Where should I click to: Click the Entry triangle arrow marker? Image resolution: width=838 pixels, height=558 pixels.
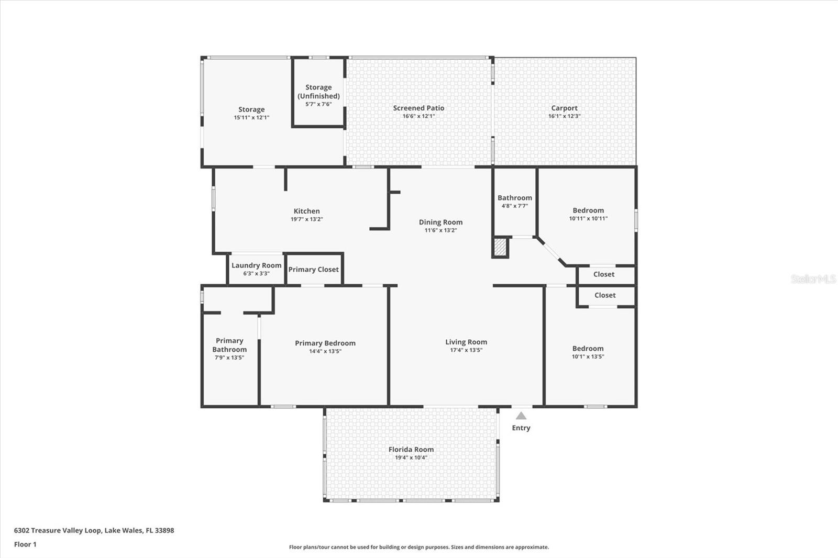(521, 416)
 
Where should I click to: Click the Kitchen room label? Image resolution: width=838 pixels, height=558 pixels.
(306, 211)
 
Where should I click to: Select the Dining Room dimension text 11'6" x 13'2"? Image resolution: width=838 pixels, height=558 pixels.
(440, 230)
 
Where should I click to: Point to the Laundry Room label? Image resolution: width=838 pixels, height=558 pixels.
(256, 265)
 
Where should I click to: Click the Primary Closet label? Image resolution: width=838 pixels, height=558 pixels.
(313, 270)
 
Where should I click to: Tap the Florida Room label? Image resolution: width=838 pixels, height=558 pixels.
(411, 449)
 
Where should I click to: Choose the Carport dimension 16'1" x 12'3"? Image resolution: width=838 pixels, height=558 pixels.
(564, 116)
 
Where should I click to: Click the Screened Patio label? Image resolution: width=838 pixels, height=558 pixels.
(418, 108)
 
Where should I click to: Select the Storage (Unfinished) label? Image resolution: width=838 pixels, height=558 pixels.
(318, 92)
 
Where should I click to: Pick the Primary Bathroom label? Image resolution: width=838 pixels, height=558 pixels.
(229, 345)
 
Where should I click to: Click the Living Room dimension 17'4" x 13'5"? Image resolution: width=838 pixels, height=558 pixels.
(466, 350)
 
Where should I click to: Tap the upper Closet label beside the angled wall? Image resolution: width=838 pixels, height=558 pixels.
(603, 274)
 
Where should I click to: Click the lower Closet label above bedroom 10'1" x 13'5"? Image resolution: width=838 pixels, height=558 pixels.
(604, 295)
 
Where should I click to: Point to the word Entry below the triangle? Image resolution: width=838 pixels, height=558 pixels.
(521, 428)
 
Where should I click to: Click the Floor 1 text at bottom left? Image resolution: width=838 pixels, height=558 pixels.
(25, 544)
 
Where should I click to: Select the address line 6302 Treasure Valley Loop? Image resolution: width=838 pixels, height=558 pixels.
(94, 530)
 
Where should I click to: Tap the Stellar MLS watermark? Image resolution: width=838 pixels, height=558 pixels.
(813, 279)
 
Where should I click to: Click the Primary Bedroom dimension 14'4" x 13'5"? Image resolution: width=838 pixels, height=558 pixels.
(325, 351)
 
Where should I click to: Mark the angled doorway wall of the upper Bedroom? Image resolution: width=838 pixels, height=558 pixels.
(550, 252)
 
